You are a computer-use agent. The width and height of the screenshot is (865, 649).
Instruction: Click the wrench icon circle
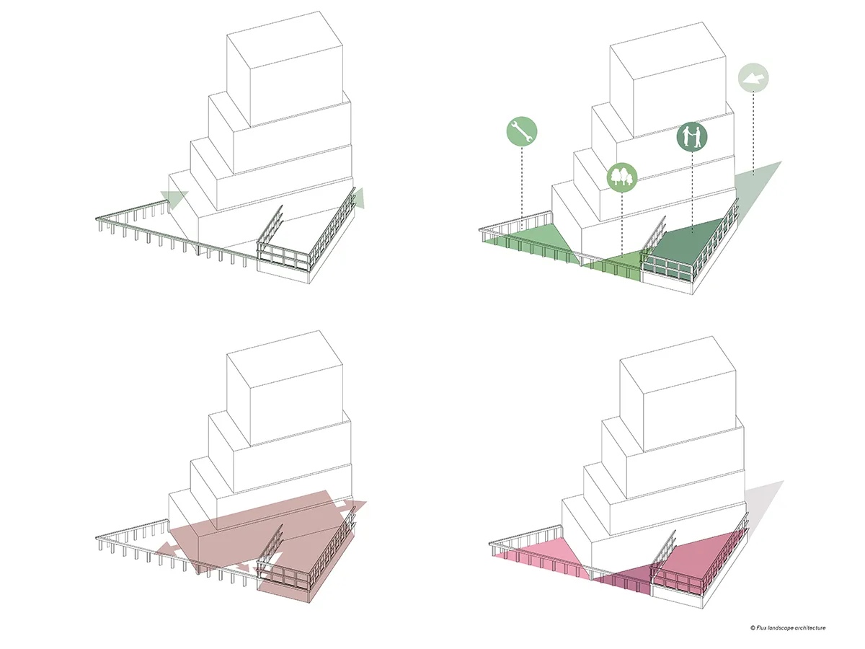pos(521,132)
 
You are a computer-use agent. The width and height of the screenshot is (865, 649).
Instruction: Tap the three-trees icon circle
pos(622,177)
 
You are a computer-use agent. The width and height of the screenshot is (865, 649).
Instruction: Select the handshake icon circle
pos(692,137)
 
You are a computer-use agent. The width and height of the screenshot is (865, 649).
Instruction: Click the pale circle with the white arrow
pos(753,78)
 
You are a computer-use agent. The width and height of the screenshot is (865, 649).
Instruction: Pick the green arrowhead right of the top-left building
pos(359,198)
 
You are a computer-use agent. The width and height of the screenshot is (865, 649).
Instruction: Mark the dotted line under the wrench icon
pos(521,188)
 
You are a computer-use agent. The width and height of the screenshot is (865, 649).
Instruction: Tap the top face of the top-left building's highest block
pos(285,38)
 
